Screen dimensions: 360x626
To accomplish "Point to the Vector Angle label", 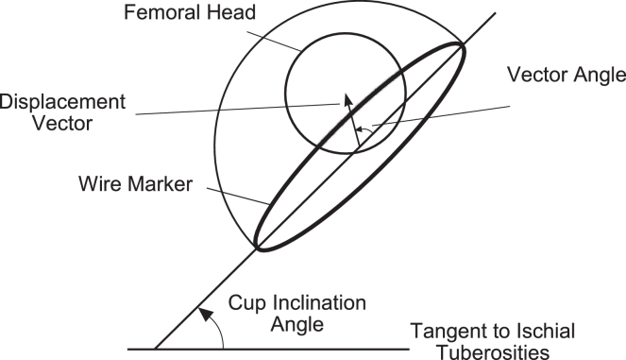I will (x=565, y=74).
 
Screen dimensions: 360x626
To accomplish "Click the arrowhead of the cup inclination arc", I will (x=199, y=311).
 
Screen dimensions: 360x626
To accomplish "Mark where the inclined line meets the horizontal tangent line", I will (x=155, y=348).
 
